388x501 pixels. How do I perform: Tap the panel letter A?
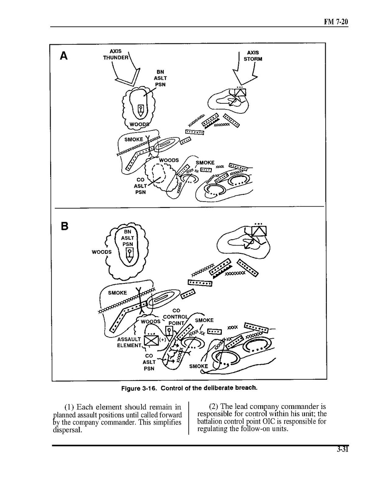64,56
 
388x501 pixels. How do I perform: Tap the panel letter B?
64,226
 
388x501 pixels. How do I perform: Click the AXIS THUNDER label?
116,54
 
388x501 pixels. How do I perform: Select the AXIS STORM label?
253,56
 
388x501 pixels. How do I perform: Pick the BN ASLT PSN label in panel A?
159,78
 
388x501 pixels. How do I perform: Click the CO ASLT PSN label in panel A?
140,186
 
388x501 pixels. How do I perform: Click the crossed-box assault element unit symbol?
151,341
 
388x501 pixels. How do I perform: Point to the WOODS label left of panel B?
102,252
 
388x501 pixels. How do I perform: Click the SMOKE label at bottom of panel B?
198,366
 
